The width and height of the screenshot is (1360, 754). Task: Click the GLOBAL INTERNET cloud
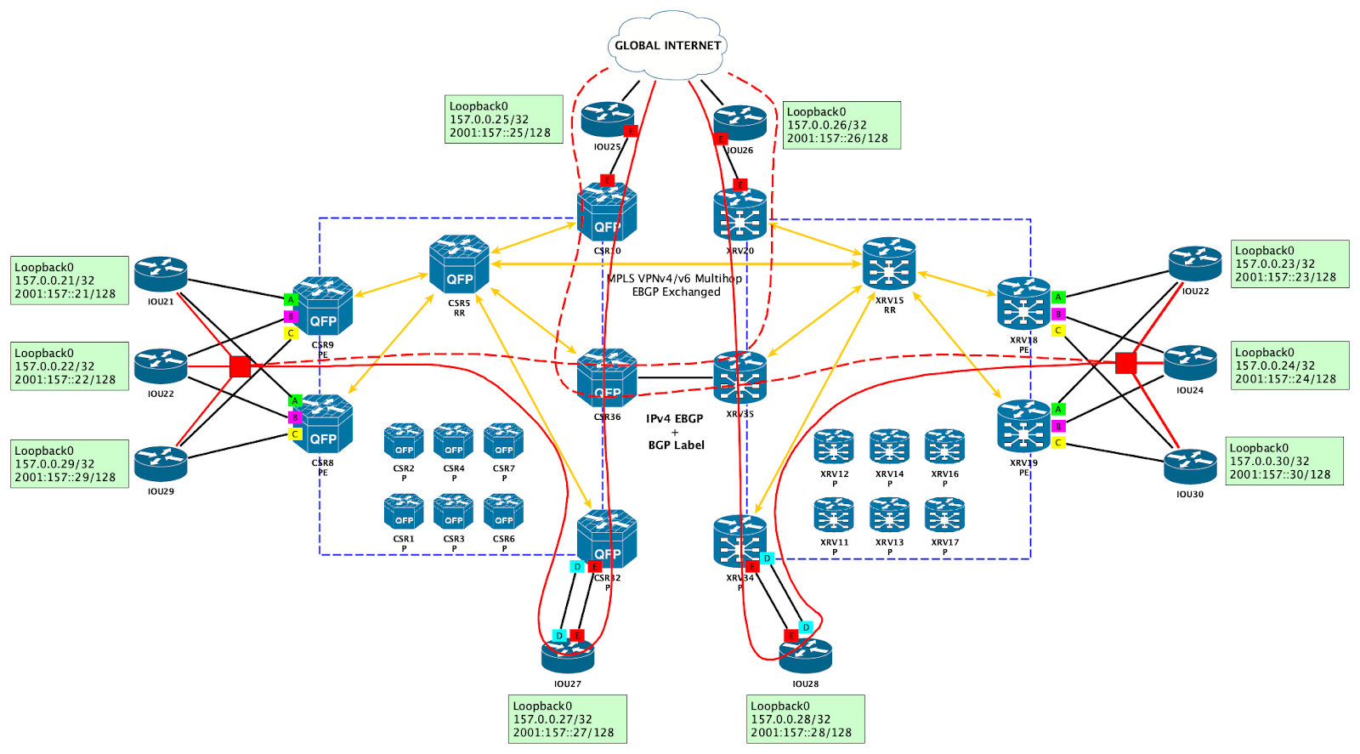point(667,45)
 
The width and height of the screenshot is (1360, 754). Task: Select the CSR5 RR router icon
point(459,265)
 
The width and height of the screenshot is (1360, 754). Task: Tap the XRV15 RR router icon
point(889,264)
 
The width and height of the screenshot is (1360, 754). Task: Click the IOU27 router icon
point(568,655)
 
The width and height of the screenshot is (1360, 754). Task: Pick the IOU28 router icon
point(805,655)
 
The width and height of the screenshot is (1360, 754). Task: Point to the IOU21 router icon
point(161,275)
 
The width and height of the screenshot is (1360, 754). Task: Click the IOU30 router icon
point(1190,467)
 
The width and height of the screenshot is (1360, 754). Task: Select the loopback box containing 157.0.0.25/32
point(503,119)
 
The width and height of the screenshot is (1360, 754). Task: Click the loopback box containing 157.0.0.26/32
point(841,125)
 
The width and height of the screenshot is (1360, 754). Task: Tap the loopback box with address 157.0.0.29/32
point(69,464)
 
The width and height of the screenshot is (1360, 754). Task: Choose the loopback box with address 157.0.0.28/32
point(805,719)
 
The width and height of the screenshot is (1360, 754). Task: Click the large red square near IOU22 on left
point(241,366)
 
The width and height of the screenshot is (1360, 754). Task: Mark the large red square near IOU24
point(1125,363)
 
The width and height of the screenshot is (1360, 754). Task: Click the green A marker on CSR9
point(290,299)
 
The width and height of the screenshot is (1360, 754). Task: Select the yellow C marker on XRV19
point(1058,443)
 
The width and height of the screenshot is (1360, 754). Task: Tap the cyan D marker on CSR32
point(577,567)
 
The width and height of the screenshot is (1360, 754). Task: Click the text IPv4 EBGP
point(674,418)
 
